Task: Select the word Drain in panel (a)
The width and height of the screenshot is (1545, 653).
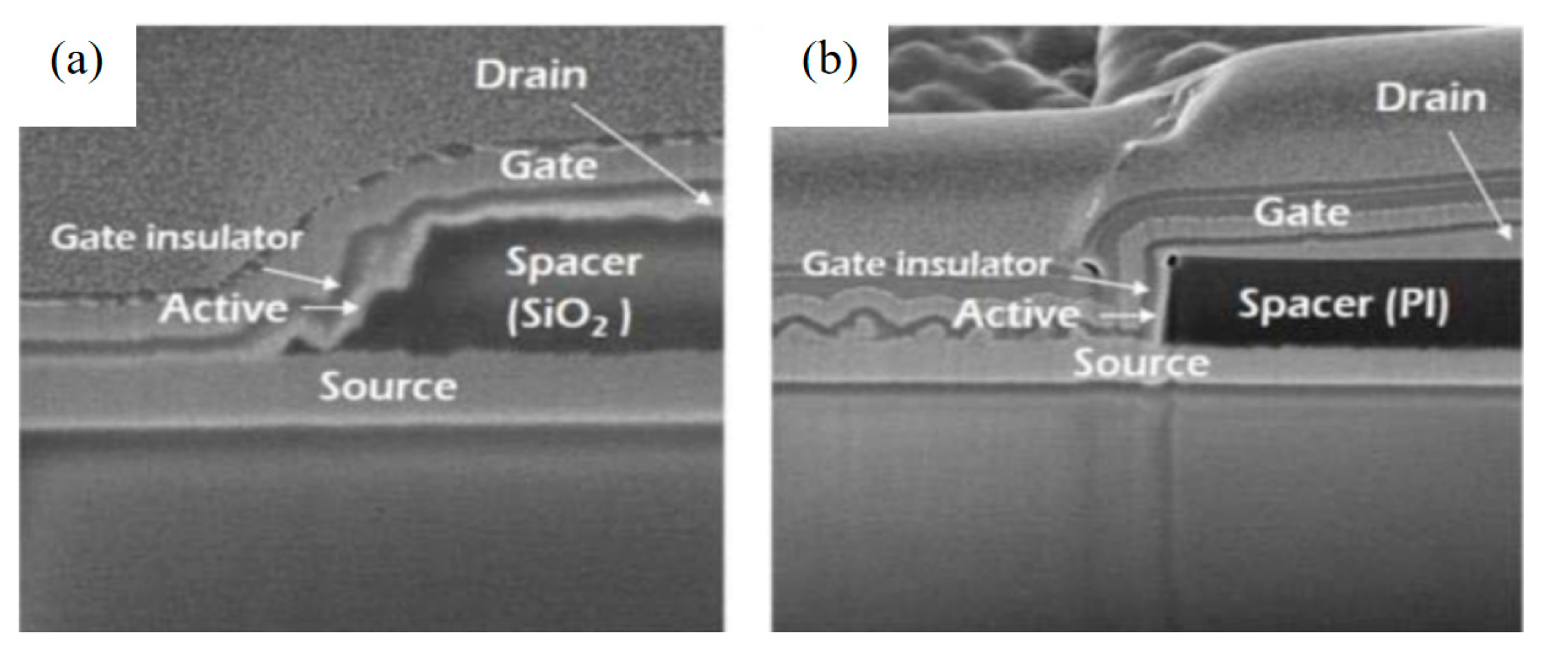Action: (530, 75)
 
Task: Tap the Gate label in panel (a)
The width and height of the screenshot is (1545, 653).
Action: (548, 166)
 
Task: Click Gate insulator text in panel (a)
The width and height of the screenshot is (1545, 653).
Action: (177, 238)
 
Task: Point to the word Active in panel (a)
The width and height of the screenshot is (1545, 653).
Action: (224, 309)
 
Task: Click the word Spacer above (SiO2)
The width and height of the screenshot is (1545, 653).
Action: (573, 262)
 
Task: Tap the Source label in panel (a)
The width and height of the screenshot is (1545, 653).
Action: (387, 386)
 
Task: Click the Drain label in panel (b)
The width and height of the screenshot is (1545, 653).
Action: (1430, 98)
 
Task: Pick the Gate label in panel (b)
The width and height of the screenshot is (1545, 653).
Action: (1301, 212)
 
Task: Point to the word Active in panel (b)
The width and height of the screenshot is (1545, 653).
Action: (1016, 315)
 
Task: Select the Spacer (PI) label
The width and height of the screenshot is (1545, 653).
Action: (1343, 305)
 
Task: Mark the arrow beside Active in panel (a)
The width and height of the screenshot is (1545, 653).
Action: (330, 309)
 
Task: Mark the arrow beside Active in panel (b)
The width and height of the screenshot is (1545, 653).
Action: (1127, 317)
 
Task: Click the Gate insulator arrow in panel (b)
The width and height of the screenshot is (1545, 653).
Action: (1109, 283)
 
